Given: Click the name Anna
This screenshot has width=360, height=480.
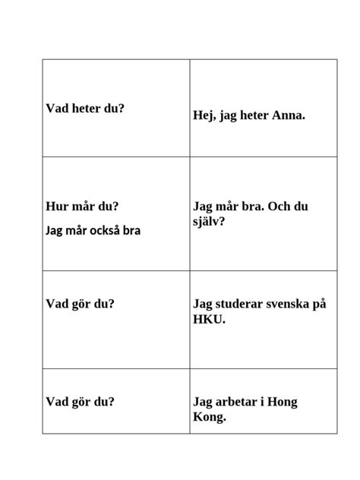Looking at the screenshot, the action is [288, 116].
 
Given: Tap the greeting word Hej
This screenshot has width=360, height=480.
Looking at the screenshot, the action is [204, 116].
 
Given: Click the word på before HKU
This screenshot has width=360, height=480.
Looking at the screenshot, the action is [320, 304].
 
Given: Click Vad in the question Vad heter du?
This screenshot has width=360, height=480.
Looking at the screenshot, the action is [56, 108].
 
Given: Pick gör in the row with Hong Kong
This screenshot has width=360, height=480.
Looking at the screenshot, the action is [81, 402].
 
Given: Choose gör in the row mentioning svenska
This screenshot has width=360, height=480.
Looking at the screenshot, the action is [81, 304].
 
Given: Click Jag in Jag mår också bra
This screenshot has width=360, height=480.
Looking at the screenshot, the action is [55, 230].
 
